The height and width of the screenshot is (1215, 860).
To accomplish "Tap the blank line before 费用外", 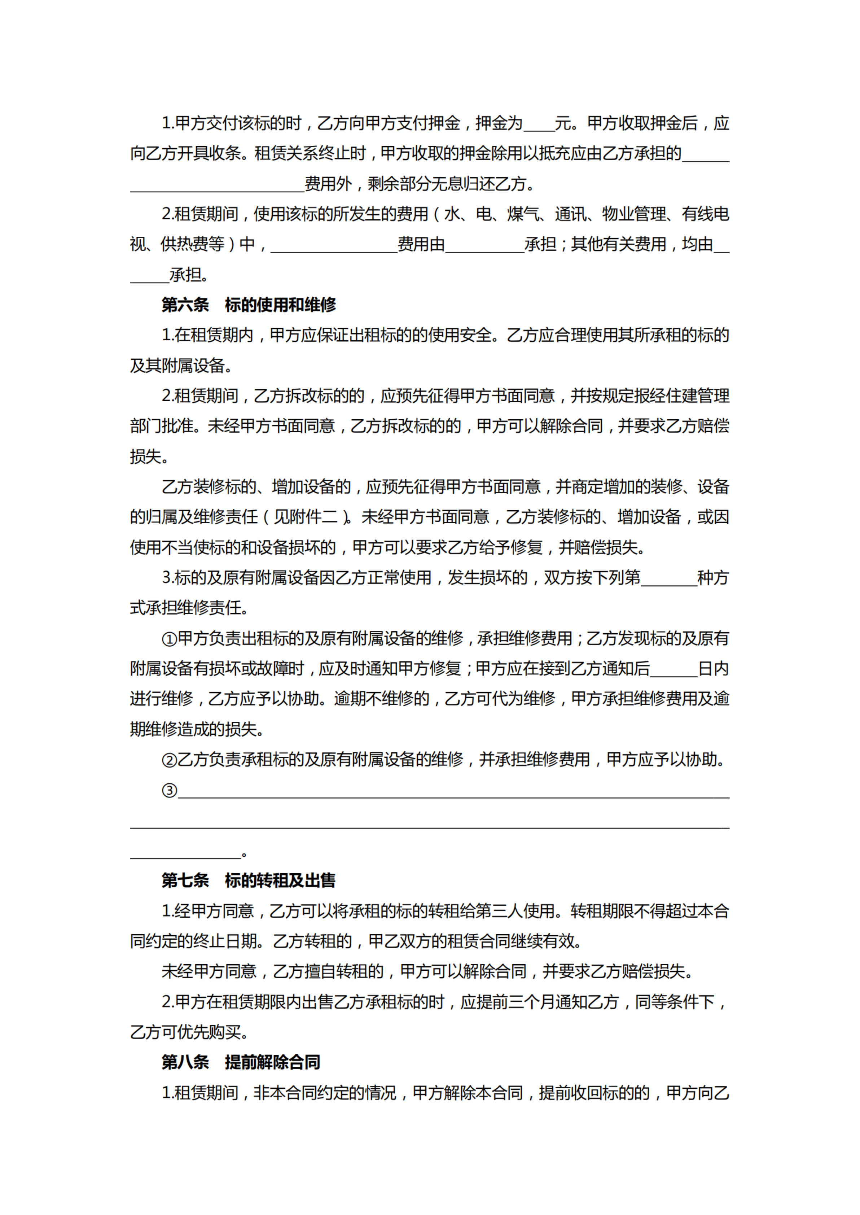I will pyautogui.click(x=217, y=185).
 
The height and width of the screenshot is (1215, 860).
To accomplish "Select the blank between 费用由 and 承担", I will pyautogui.click(x=484, y=246).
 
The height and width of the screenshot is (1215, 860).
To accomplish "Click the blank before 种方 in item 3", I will pyautogui.click(x=669, y=579).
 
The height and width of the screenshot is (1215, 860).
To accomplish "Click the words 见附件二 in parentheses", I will pyautogui.click(x=306, y=517).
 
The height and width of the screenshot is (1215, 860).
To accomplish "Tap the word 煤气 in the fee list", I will pyautogui.click(x=523, y=214).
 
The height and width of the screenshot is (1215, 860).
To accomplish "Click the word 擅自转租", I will pyautogui.click(x=344, y=971).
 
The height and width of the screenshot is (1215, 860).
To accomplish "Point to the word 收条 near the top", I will pyautogui.click(x=225, y=154).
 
